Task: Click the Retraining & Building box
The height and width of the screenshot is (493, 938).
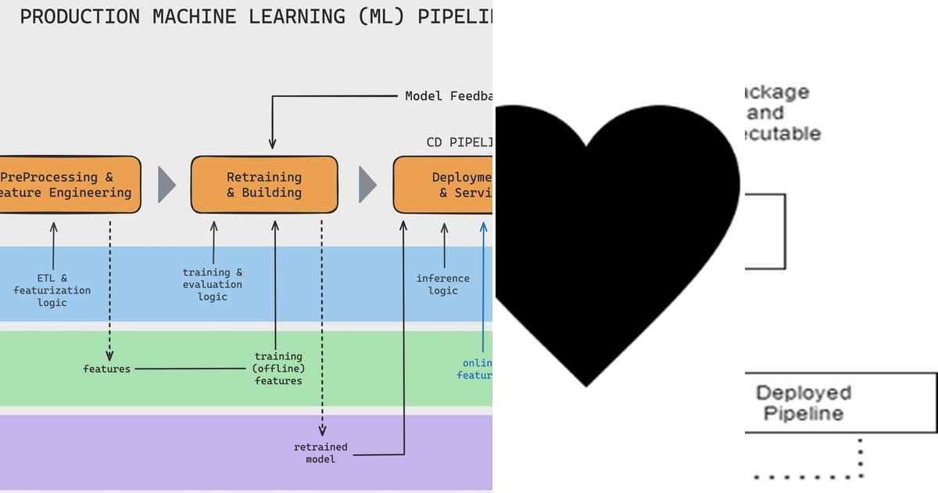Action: tap(264, 185)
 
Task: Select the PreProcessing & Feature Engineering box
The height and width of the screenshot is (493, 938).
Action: tap(66, 185)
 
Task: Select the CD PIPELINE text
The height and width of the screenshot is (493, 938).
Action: tap(459, 142)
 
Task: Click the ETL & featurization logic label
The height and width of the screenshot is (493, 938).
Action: tap(52, 290)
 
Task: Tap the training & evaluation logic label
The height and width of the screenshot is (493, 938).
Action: tap(213, 284)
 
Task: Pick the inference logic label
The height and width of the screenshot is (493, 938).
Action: tap(442, 284)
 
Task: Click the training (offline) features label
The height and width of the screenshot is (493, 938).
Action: tap(278, 369)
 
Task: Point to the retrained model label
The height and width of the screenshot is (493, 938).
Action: tap(320, 453)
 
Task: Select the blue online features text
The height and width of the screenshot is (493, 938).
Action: tap(475, 369)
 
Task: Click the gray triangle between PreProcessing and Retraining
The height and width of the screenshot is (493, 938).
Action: tap(166, 185)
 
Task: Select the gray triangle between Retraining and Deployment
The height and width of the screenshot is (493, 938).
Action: tap(367, 185)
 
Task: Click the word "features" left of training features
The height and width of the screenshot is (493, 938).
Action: tap(107, 369)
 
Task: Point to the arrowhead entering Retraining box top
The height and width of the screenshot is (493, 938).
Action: tap(272, 144)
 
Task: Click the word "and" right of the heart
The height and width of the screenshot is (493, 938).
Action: tap(764, 113)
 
